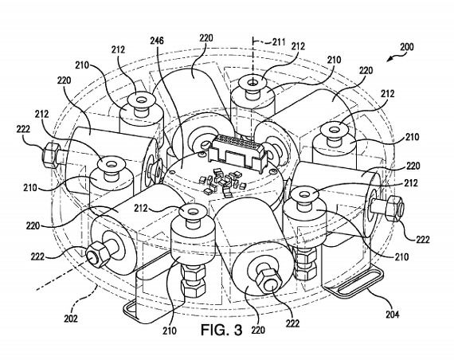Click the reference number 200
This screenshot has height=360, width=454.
click(406, 47)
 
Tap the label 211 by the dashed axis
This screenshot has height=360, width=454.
click(279, 42)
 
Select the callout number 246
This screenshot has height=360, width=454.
click(157, 41)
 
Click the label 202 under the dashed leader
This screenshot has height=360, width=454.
click(71, 319)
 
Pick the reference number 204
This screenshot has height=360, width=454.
click(393, 314)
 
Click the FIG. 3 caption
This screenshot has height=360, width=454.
click(221, 330)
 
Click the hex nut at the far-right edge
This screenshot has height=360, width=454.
click(395, 206)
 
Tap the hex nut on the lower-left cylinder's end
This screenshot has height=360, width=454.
click(97, 255)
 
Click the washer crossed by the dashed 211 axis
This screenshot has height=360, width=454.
click(253, 82)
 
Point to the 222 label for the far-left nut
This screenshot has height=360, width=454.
click(23, 129)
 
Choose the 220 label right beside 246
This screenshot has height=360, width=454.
click(206, 38)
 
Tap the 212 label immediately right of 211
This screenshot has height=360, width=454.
click(298, 46)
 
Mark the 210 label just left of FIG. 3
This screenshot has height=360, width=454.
click(170, 331)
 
